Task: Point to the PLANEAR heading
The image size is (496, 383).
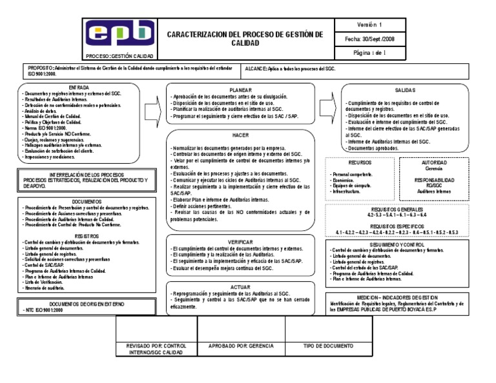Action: tap(240, 89)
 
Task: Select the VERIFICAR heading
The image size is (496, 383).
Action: tap(240, 241)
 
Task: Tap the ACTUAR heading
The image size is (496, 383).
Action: tap(240, 287)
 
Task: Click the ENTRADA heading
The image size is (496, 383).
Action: tap(79, 86)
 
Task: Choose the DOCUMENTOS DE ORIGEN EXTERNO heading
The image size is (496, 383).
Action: tap(79, 302)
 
